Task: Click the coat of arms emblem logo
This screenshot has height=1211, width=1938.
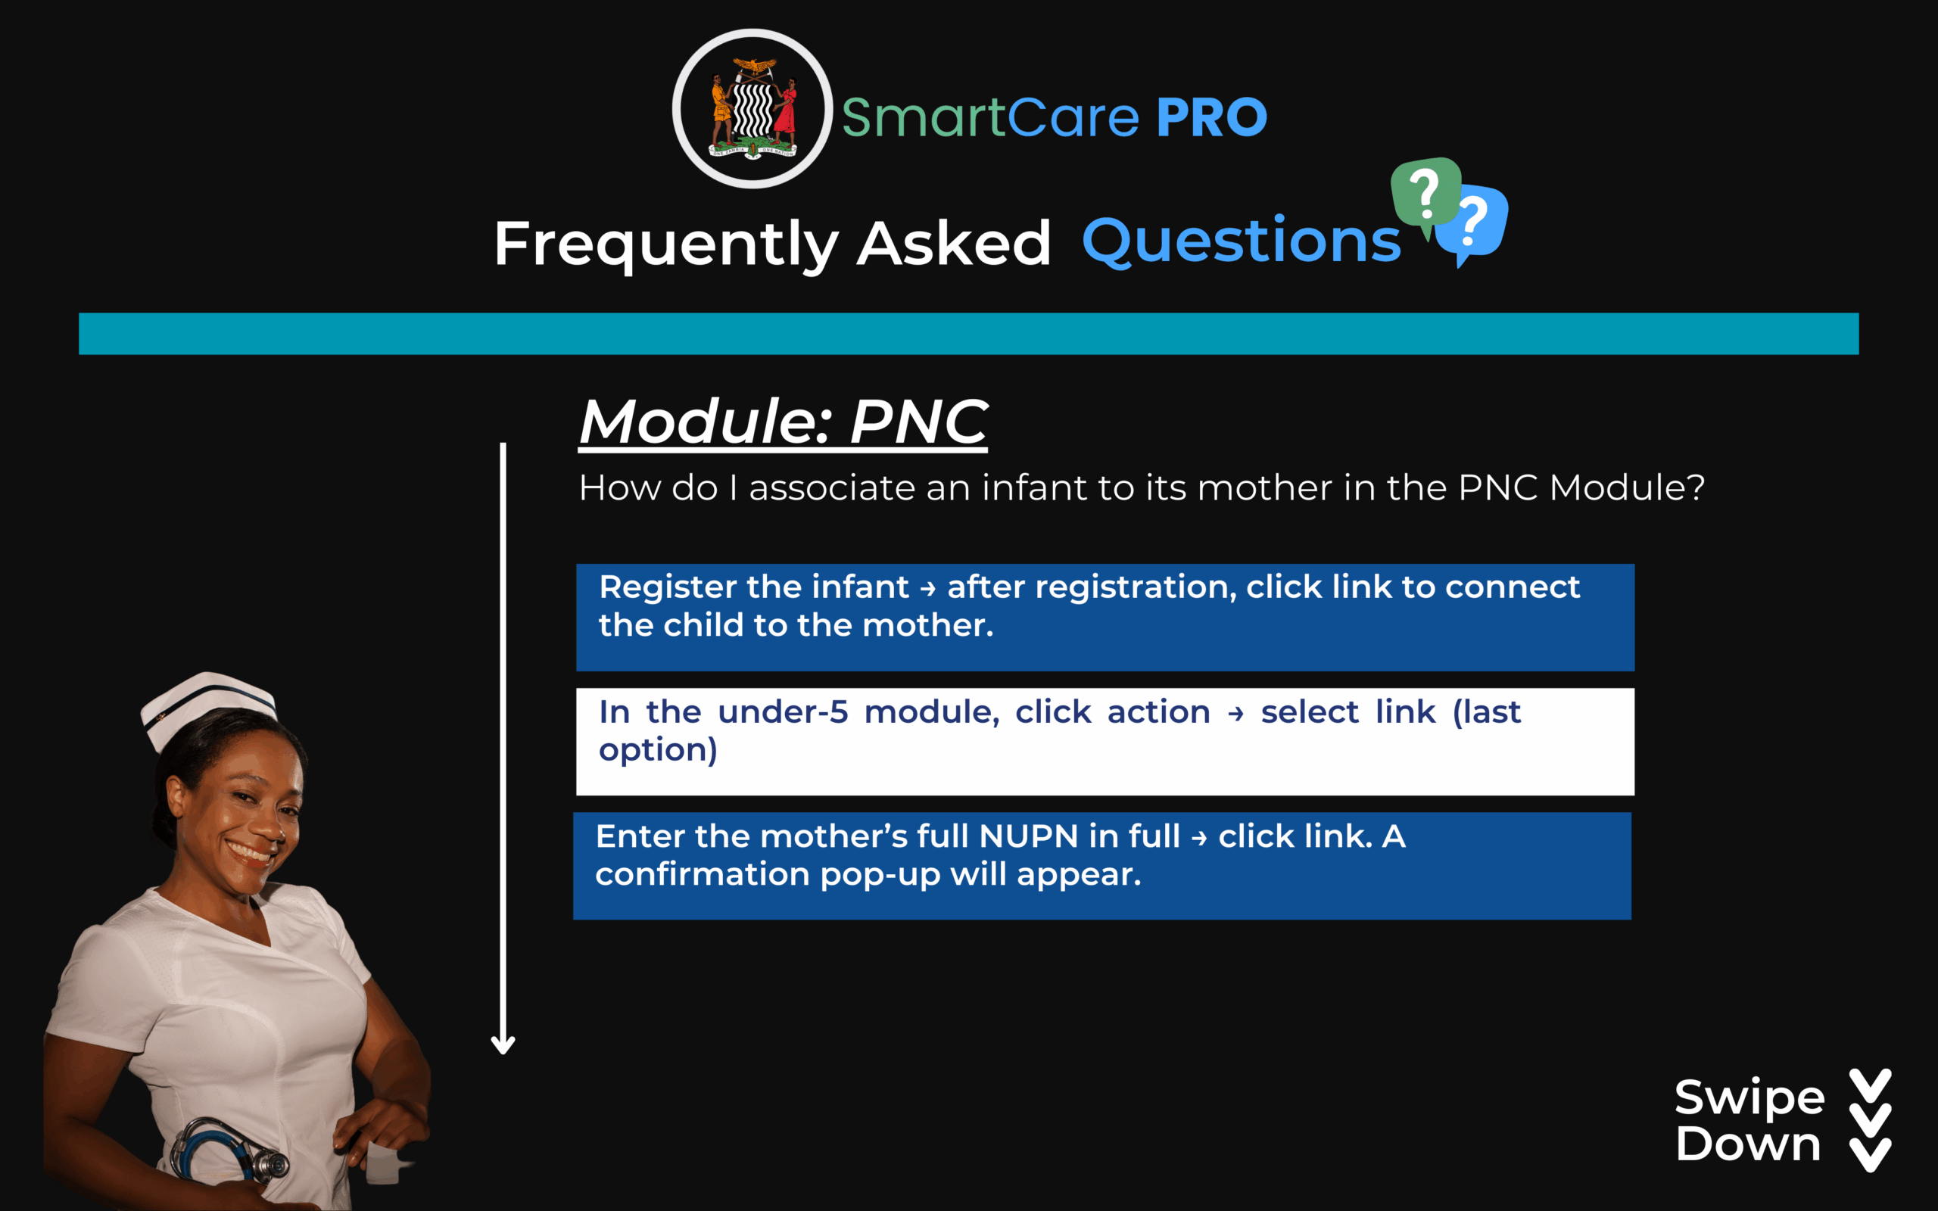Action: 752,109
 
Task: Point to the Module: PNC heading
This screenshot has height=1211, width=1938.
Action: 784,422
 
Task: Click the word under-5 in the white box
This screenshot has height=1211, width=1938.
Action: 783,712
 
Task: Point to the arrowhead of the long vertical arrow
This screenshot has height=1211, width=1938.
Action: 503,1044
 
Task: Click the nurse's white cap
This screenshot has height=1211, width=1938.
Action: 208,704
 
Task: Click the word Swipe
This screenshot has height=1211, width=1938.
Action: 1749,1098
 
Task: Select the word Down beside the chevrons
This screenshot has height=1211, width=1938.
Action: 1748,1144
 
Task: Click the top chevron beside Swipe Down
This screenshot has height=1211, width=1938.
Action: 1871,1085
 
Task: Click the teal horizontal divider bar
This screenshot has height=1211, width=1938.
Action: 969,333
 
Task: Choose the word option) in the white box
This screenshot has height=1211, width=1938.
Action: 657,752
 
